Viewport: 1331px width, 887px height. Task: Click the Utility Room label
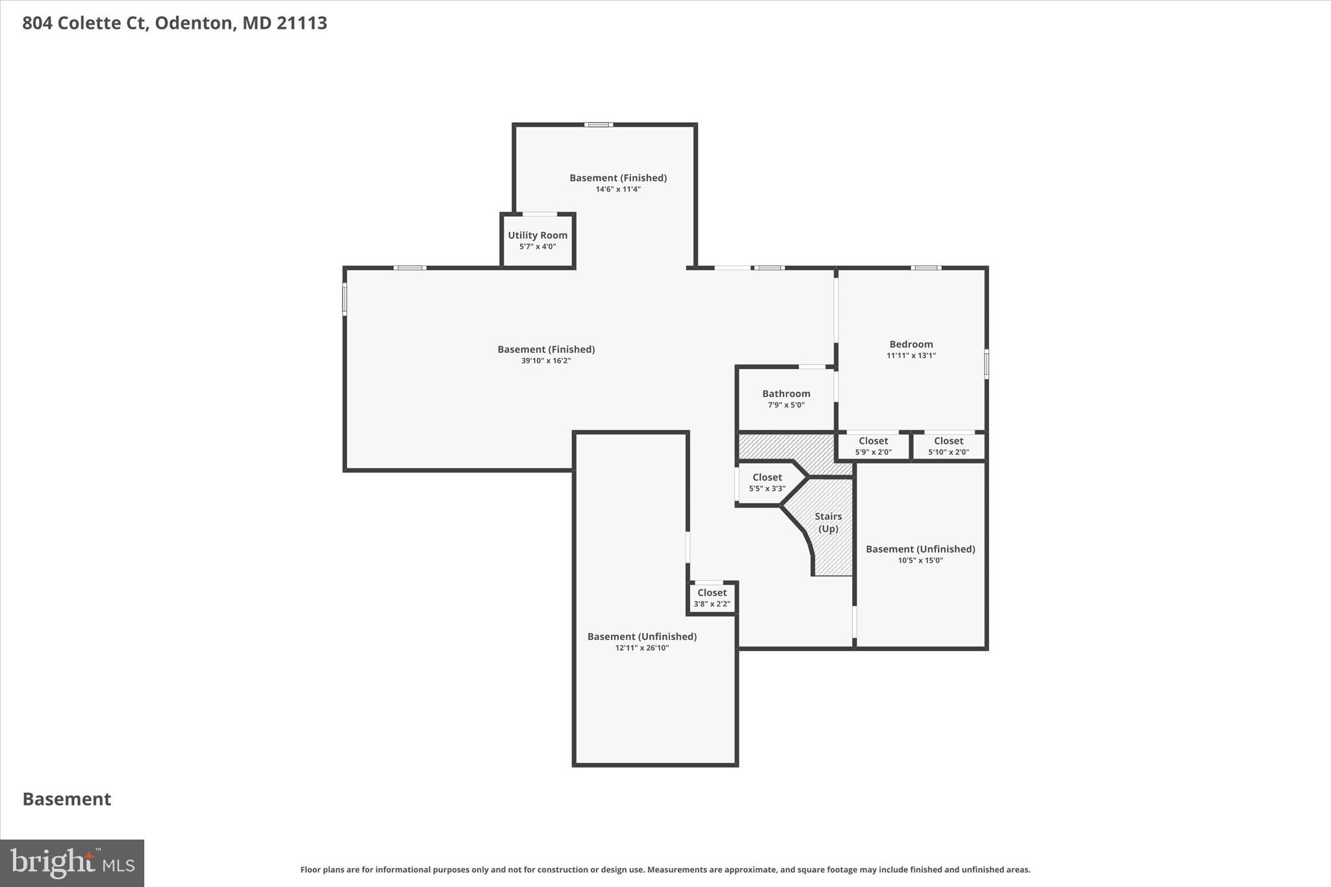pyautogui.click(x=537, y=235)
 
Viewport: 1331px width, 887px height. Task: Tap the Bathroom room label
pyautogui.click(x=786, y=394)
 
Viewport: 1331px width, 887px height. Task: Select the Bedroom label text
pyautogui.click(x=911, y=344)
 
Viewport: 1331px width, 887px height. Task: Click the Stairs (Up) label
pyautogui.click(x=828, y=522)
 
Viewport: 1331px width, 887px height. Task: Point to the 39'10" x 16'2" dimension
pyautogui.click(x=545, y=361)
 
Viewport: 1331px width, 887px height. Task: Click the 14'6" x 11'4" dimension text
pyautogui.click(x=618, y=189)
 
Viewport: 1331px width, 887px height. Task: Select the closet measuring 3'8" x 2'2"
pyautogui.click(x=712, y=598)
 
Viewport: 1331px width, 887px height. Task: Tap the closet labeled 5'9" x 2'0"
pyautogui.click(x=873, y=446)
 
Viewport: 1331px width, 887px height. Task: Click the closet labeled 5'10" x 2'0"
pyautogui.click(x=948, y=446)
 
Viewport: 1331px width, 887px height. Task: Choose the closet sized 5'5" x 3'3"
pyautogui.click(x=767, y=482)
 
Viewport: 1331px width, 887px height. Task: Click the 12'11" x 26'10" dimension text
pyautogui.click(x=641, y=648)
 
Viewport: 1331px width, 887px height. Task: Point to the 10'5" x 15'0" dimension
pyautogui.click(x=920, y=560)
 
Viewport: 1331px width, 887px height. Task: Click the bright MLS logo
pyautogui.click(x=72, y=863)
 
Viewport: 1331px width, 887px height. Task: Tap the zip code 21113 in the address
pyautogui.click(x=302, y=23)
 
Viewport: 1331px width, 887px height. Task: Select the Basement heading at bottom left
pyautogui.click(x=67, y=799)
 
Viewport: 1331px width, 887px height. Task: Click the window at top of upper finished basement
pyautogui.click(x=598, y=125)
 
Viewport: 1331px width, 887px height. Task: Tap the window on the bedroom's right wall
pyautogui.click(x=986, y=365)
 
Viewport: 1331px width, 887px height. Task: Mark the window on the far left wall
pyautogui.click(x=344, y=299)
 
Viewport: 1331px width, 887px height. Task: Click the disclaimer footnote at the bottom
pyautogui.click(x=665, y=869)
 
